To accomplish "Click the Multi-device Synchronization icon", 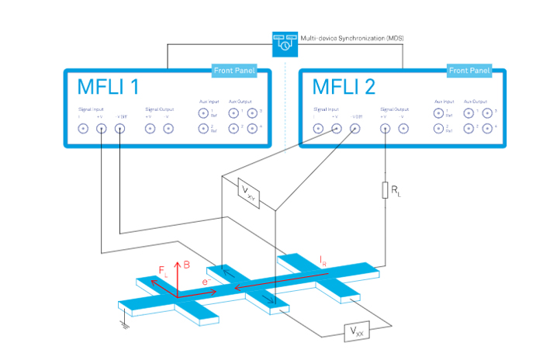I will click(284, 43).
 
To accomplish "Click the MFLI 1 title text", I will click(109, 86).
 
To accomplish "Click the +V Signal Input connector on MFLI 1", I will click(102, 129).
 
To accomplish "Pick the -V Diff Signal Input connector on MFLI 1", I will click(120, 129).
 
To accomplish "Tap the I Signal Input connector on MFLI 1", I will click(83, 129).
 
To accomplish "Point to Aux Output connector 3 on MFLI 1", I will click(251, 113).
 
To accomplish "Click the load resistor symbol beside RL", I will click(385, 190).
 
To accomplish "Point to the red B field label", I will click(187, 265).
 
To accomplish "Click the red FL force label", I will click(163, 272).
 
